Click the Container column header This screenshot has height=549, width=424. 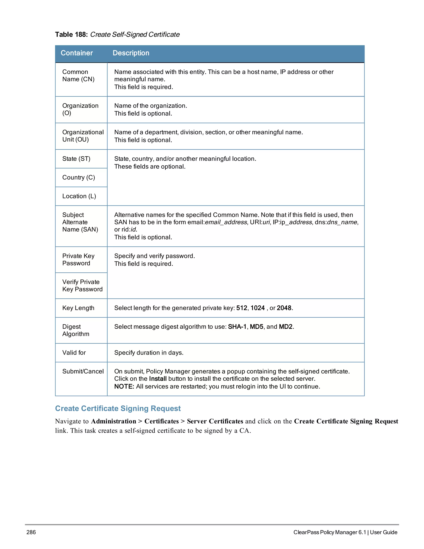[x=77, y=53]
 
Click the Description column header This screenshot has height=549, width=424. [x=131, y=53]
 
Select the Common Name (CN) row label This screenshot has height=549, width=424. [x=78, y=75]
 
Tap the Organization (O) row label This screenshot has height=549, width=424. [x=80, y=109]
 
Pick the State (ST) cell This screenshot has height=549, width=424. [x=76, y=159]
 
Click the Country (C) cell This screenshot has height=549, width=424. [x=79, y=178]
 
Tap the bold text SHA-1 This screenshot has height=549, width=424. [x=237, y=326]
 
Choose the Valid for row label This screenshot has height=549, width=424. [x=74, y=353]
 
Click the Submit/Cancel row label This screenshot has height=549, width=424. [x=83, y=371]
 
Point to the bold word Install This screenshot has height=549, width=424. [x=158, y=379]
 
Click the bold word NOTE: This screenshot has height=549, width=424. [x=124, y=386]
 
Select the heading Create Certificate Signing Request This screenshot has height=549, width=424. [x=118, y=409]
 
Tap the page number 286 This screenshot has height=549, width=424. [x=31, y=532]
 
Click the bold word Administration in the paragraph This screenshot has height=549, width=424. [x=113, y=421]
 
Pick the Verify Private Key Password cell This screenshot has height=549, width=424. [x=82, y=285]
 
